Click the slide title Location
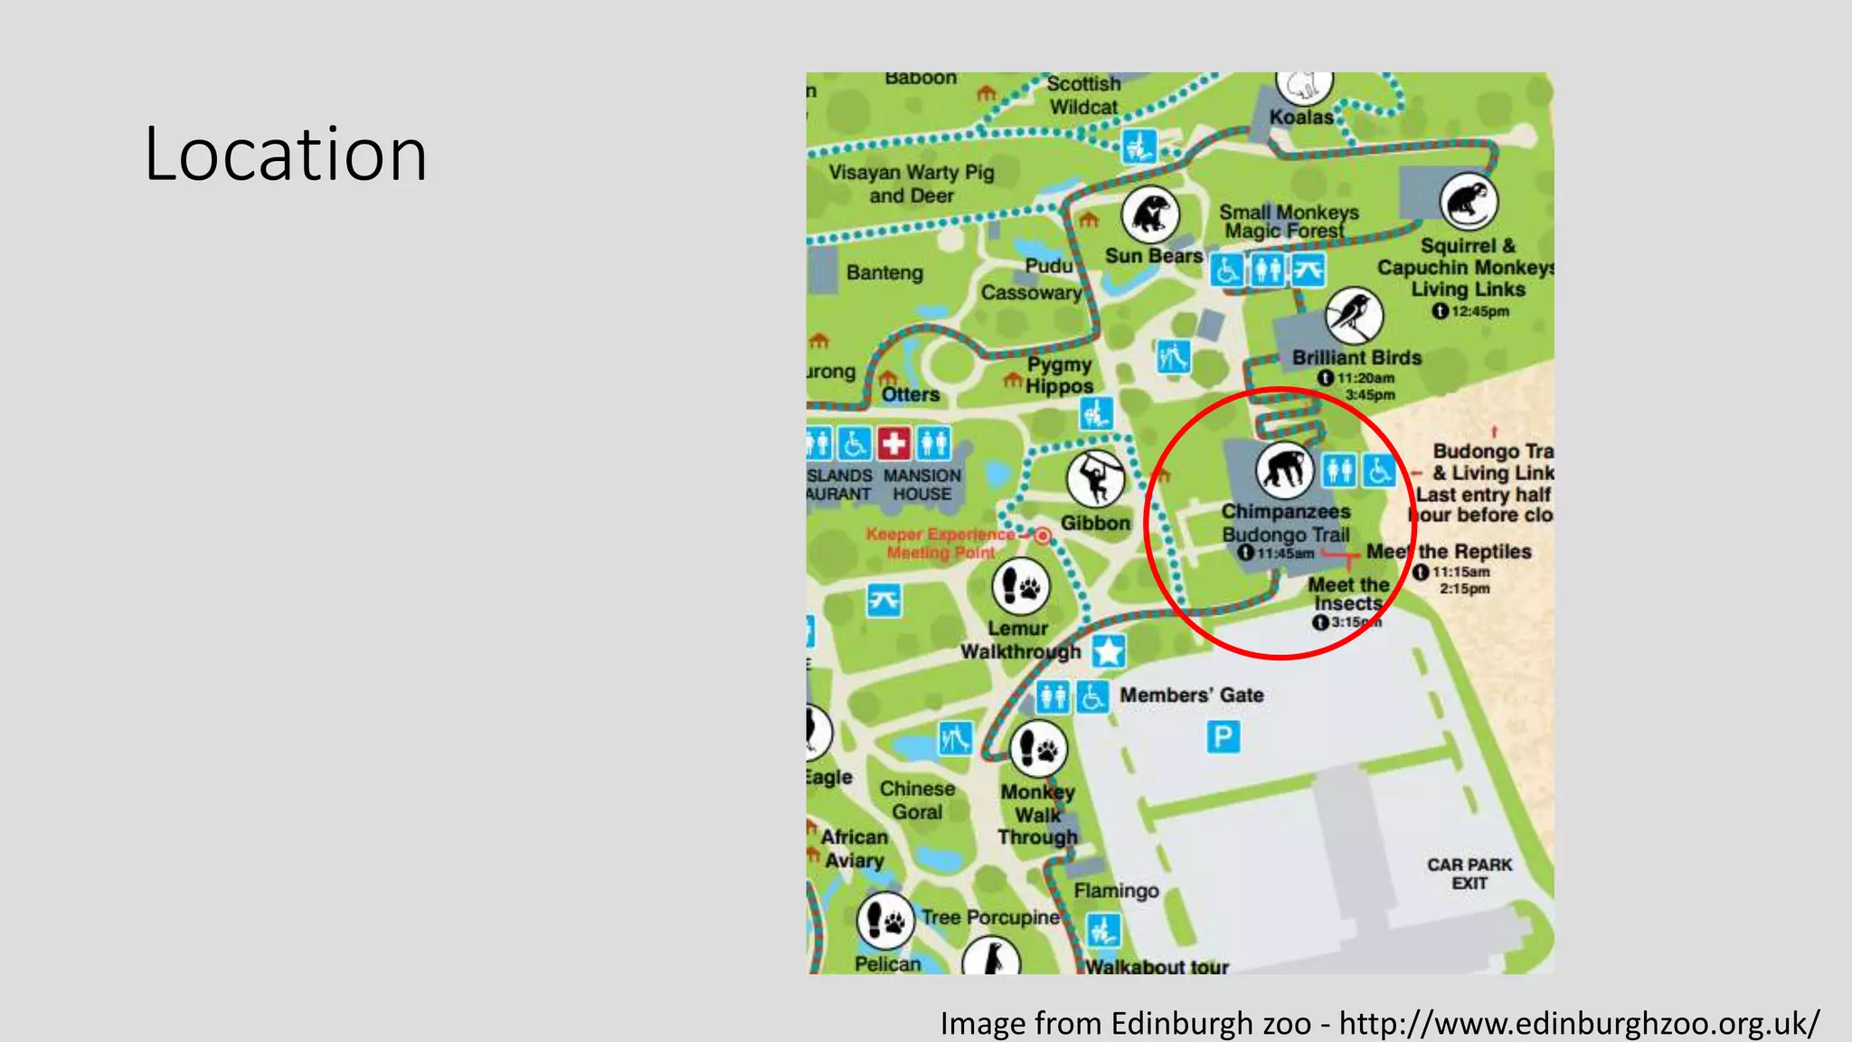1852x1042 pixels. [x=286, y=155]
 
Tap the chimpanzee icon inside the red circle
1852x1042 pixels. [x=1284, y=469]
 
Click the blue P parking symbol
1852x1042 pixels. [x=1223, y=737]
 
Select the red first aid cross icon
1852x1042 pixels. [x=894, y=443]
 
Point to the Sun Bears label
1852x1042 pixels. [x=1154, y=256]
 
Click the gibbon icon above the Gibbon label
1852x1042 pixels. [x=1095, y=478]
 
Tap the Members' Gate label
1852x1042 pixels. [x=1192, y=695]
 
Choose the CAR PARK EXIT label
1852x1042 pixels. [x=1469, y=874]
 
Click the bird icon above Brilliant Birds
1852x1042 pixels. [x=1354, y=316]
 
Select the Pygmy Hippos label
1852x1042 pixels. [x=1059, y=375]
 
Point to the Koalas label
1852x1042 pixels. [x=1301, y=117]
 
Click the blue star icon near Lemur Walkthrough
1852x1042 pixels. [x=1109, y=651]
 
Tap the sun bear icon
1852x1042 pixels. [x=1150, y=215]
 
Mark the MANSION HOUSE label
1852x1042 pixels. [x=922, y=485]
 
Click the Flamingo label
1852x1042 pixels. [x=1116, y=891]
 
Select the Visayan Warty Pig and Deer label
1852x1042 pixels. [x=912, y=184]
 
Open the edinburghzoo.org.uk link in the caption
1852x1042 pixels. [x=1579, y=1023]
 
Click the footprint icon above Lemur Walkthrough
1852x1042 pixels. [x=1021, y=587]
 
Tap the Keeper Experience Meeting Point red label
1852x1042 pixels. [x=940, y=543]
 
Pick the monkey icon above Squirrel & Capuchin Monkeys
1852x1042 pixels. [x=1469, y=201]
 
